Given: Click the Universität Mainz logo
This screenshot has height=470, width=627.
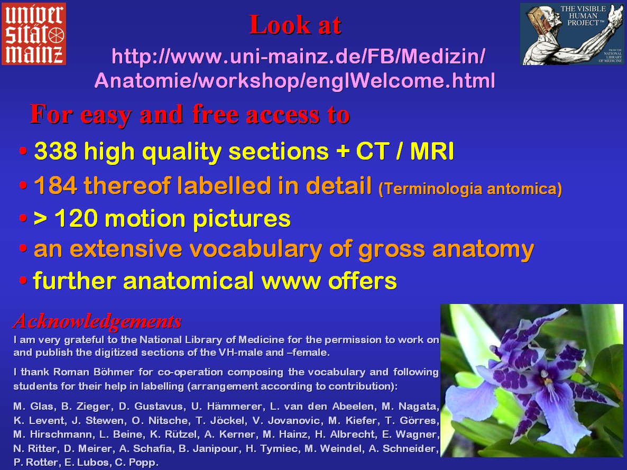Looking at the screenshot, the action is (x=34, y=34).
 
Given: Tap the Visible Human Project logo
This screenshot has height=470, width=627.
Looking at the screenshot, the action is (x=572, y=34).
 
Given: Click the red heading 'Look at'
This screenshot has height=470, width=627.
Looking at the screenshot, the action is (x=295, y=25).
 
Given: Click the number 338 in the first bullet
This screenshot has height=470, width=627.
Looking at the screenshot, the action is (x=56, y=151).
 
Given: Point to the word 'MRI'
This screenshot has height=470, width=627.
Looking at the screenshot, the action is (x=432, y=151).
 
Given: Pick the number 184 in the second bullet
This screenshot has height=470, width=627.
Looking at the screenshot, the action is (x=56, y=186).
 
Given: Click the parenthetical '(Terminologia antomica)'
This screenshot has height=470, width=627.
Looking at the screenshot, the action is (x=471, y=189).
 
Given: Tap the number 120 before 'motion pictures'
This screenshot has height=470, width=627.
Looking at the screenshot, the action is (x=76, y=218).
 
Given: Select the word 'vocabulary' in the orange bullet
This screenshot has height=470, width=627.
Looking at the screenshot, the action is (x=255, y=250).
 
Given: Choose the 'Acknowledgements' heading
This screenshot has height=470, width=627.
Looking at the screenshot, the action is (x=98, y=321).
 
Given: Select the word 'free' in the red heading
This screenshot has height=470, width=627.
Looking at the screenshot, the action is (x=215, y=114).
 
